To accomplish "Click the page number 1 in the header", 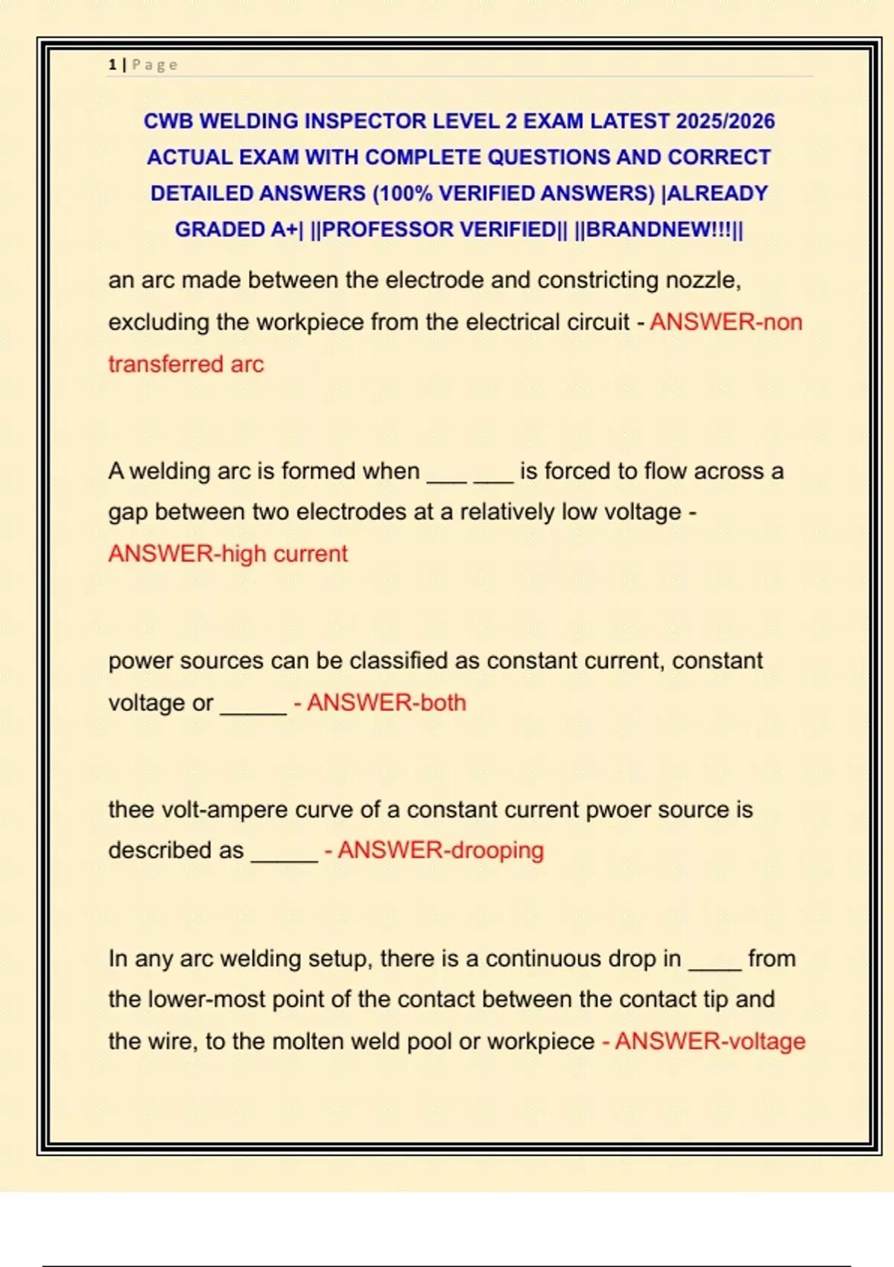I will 112,65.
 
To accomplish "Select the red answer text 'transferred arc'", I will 186,364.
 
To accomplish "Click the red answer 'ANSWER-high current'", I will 228,554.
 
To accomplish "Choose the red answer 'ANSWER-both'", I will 387,703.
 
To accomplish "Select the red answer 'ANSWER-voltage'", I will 710,1041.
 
